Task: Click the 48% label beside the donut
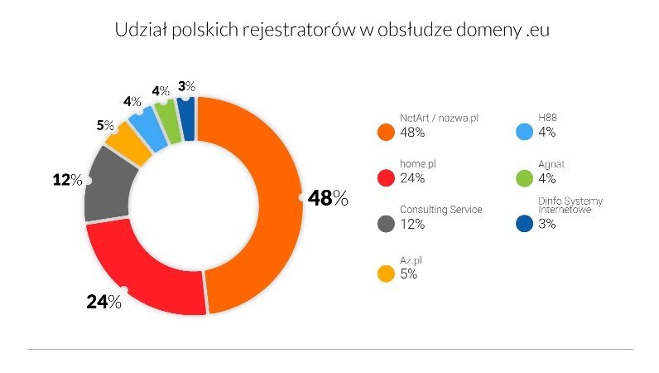pos(328,199)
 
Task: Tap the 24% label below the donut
pos(103,302)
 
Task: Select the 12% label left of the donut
pos(67,179)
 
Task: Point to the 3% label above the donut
pos(186,86)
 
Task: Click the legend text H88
pos(547,119)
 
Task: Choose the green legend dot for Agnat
pos(522,177)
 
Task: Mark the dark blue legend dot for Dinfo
pos(522,223)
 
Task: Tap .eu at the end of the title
pos(537,31)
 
